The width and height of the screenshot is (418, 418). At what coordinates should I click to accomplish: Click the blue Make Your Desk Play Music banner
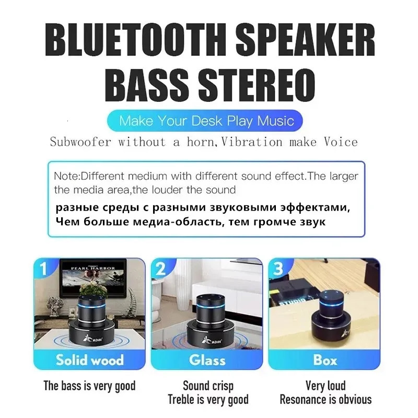click(x=207, y=122)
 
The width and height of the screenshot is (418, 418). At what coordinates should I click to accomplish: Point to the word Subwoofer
click(x=80, y=142)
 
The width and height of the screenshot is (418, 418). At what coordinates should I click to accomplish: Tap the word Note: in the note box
click(x=67, y=177)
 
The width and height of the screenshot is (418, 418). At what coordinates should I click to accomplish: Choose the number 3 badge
click(x=278, y=269)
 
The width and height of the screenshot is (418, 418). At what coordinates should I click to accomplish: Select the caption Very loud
click(x=326, y=386)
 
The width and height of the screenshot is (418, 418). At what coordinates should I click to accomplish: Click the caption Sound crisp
click(x=208, y=386)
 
